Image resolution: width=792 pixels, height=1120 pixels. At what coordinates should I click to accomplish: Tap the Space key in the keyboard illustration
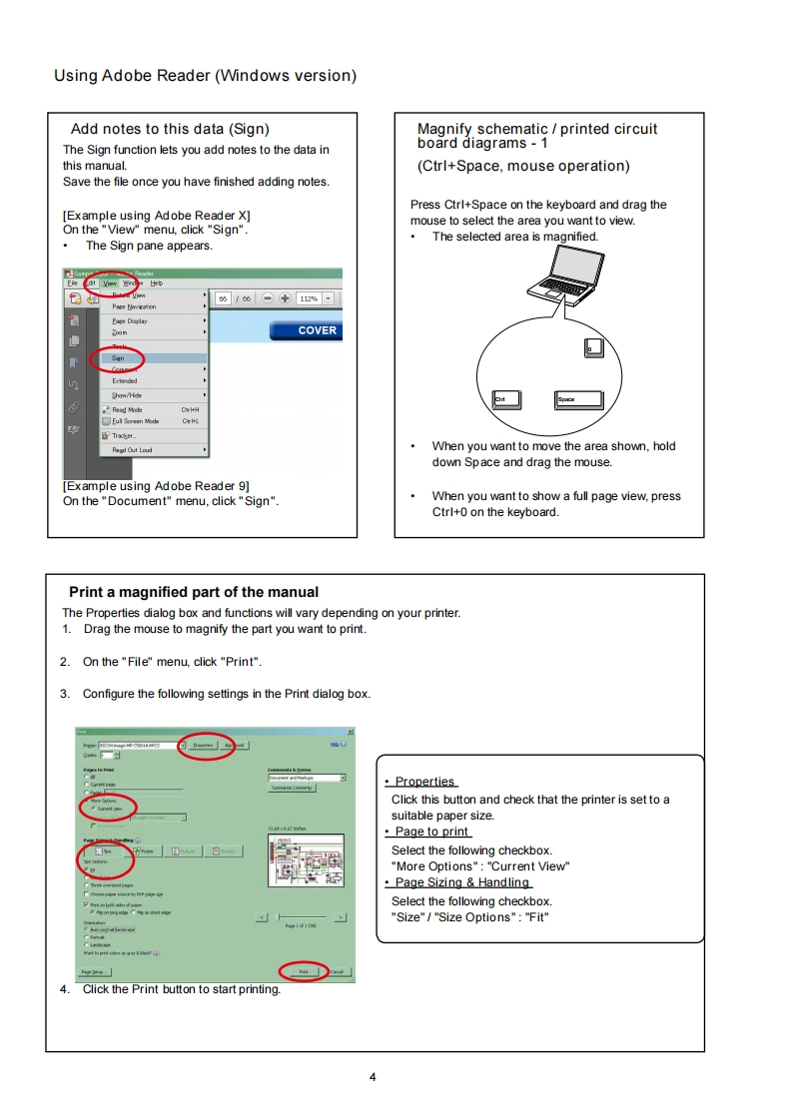pos(578,399)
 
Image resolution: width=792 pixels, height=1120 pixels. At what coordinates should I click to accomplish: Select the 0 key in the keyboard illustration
pos(593,347)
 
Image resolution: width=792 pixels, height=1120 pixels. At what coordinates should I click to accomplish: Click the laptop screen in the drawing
pos(575,265)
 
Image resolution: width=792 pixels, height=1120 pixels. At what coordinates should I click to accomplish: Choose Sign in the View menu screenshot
pos(119,357)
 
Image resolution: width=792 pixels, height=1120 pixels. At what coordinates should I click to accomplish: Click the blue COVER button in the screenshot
pos(306,330)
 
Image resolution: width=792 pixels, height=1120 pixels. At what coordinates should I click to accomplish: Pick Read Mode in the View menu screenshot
pos(127,409)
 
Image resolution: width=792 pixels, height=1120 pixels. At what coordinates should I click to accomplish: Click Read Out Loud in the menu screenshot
pos(132,450)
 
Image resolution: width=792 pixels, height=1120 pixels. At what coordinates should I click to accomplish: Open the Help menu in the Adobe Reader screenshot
pos(157,282)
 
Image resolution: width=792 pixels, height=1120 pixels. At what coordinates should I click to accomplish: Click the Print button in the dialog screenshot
pos(304,971)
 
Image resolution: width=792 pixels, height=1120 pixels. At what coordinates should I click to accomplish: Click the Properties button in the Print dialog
pos(204,745)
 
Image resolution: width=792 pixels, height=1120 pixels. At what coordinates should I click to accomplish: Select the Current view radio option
pos(109,809)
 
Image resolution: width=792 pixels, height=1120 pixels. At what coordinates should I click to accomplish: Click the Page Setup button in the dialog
pos(95,971)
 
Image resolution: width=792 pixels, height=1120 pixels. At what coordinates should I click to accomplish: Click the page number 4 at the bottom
pos(373,1076)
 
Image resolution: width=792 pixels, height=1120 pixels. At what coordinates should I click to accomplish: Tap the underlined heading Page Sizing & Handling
pos(461,882)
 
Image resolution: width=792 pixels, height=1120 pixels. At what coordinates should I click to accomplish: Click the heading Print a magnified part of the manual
pos(194,592)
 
